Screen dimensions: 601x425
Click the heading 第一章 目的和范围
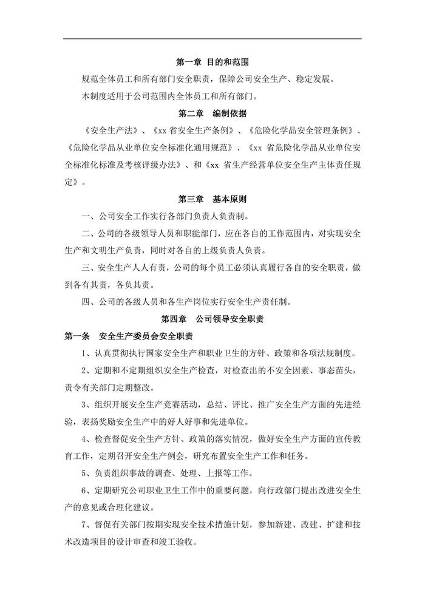[212, 63]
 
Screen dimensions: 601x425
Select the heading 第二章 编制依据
[212, 114]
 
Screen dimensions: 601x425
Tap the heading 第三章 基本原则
[212, 199]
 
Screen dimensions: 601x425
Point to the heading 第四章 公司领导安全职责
[212, 318]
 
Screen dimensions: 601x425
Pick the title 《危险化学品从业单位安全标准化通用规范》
[149, 148]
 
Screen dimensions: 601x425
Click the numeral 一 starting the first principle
[85, 216]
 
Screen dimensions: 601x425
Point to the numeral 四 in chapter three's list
[85, 301]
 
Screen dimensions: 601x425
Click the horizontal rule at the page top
[212, 39]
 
